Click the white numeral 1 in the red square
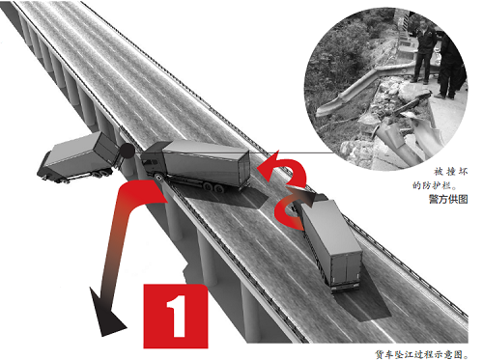point(177,317)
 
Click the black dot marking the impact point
point(128,151)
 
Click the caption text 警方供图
point(448,199)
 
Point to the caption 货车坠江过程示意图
point(421,354)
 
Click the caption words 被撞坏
point(450,172)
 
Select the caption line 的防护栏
point(435,185)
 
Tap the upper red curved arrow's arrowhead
point(269,167)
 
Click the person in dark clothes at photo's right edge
point(450,66)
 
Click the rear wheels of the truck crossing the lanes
point(213,187)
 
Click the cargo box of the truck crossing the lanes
point(206,162)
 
